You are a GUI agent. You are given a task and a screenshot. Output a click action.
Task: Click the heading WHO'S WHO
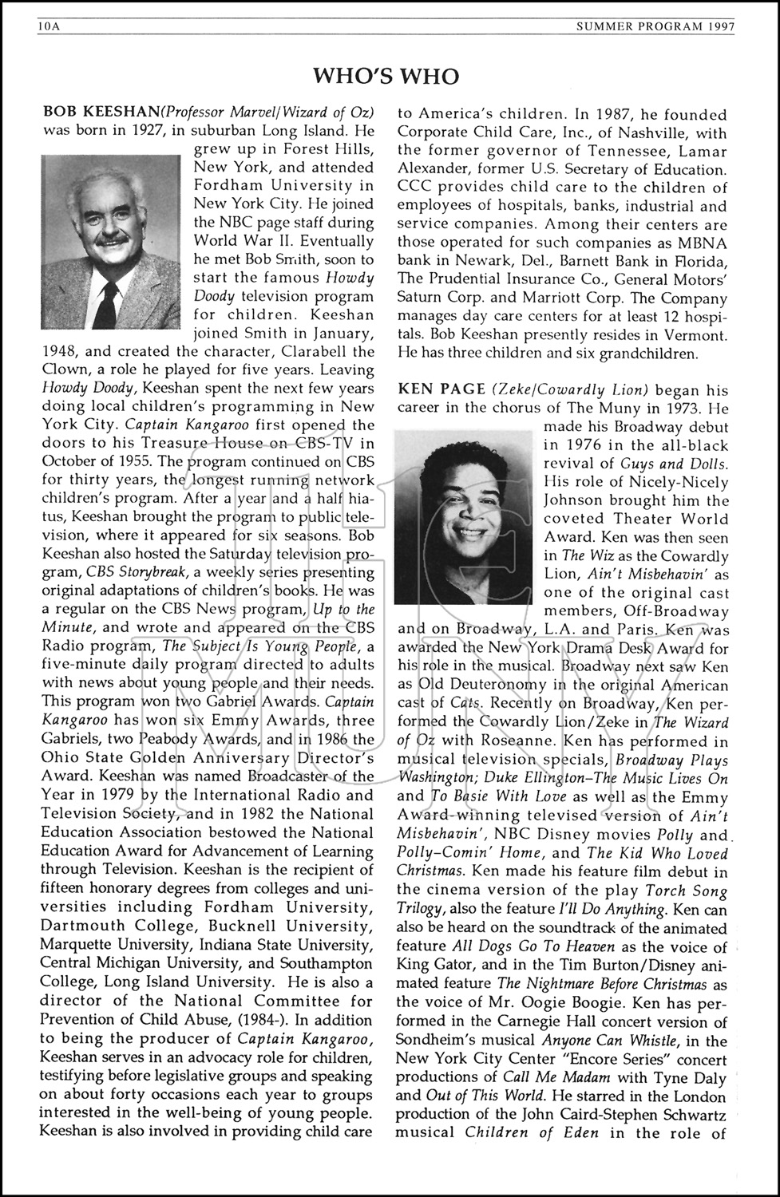(386, 77)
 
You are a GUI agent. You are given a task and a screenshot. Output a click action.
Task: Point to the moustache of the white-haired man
(109, 241)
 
